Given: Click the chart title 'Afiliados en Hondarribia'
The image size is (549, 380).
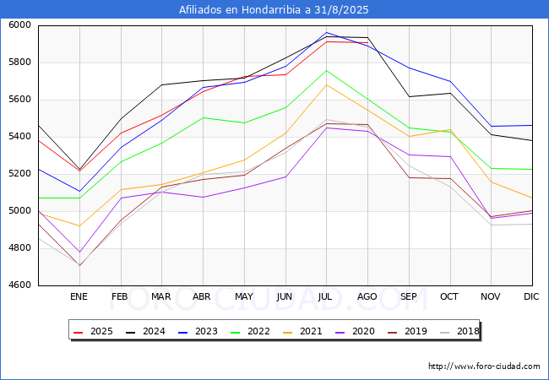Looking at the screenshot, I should point(274,10).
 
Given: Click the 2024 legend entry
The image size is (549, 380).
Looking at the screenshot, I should point(148,332).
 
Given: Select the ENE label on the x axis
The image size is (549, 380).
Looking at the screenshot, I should point(79,296).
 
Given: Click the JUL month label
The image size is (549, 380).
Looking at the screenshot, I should point(326,296).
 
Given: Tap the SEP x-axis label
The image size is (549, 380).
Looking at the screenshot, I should point(409,296).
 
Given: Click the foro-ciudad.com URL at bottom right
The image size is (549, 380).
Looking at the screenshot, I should point(484,366).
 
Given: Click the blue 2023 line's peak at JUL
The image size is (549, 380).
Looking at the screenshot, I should point(326,32).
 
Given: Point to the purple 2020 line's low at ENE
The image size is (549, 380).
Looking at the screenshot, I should point(79,252).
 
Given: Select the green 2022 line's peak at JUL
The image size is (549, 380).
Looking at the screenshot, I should point(326,70).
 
